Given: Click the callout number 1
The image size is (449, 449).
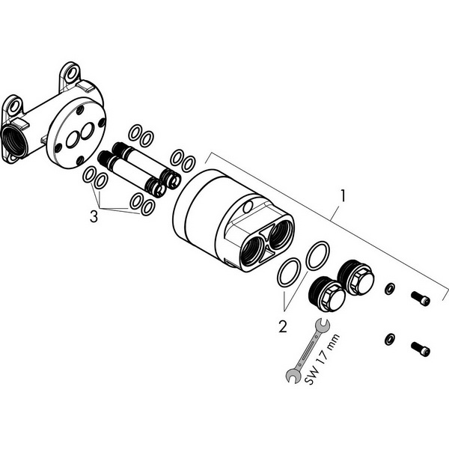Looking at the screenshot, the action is [343, 195].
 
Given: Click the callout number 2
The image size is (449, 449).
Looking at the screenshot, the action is [283, 326].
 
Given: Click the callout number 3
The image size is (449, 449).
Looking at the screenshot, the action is [94, 216].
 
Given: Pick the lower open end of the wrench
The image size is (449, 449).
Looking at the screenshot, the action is [293, 376].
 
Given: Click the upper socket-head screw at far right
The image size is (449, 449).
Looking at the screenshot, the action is [421, 299].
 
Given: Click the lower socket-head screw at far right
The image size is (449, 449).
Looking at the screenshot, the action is [421, 349].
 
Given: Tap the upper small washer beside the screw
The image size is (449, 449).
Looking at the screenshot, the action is [389, 289].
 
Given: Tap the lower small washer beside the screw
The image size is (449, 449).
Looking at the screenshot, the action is [389, 339].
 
